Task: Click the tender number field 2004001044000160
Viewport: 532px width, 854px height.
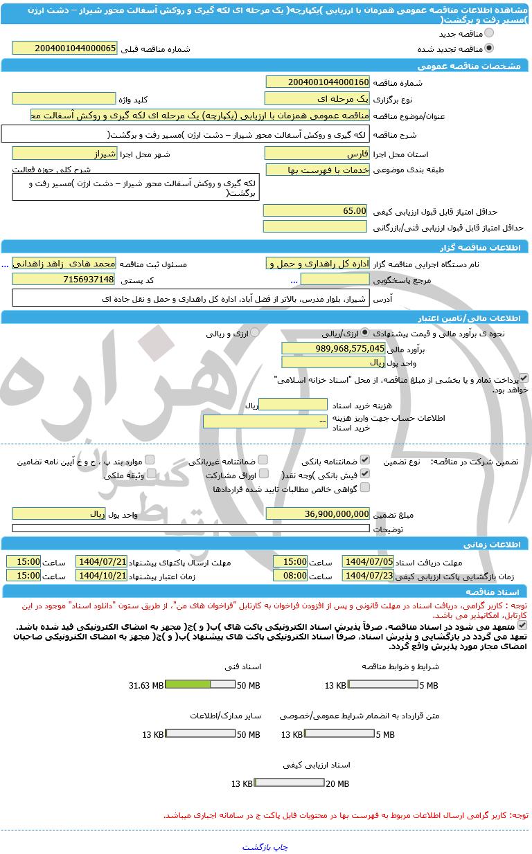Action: [317, 82]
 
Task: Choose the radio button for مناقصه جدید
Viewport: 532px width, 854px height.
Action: [489, 33]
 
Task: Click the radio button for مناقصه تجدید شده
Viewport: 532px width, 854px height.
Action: [489, 48]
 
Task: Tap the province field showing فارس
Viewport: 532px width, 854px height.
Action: [317, 154]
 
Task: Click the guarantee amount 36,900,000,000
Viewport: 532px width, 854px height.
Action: [317, 514]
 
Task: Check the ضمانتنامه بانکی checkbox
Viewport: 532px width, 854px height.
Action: [365, 460]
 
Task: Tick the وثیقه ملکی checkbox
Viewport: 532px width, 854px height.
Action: [151, 474]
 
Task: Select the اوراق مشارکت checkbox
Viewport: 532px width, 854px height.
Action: [263, 474]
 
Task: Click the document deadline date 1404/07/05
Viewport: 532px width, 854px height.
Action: [368, 561]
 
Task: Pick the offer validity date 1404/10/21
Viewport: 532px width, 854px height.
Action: [101, 575]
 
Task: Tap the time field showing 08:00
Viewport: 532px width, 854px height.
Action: [290, 575]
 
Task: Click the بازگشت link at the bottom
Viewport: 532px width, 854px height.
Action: [257, 846]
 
